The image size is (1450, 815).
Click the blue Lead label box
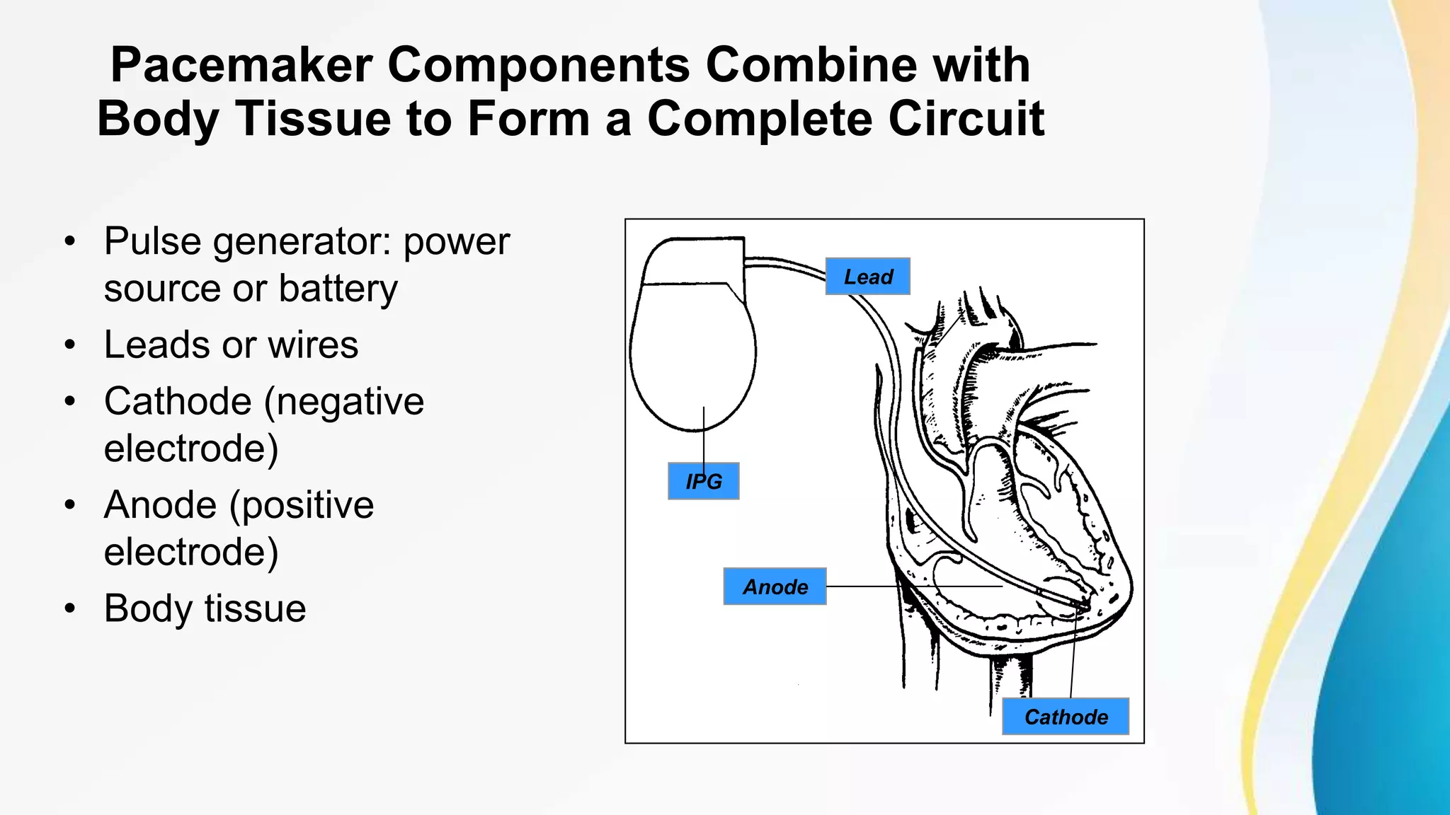(867, 277)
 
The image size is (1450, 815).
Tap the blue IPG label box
(703, 481)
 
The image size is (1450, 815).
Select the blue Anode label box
(775, 586)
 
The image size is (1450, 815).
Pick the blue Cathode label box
(1065, 717)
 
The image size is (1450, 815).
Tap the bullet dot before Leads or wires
(69, 345)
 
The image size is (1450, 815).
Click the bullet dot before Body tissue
(69, 608)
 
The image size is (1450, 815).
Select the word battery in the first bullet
(338, 289)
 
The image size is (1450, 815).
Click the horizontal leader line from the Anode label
(913, 586)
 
